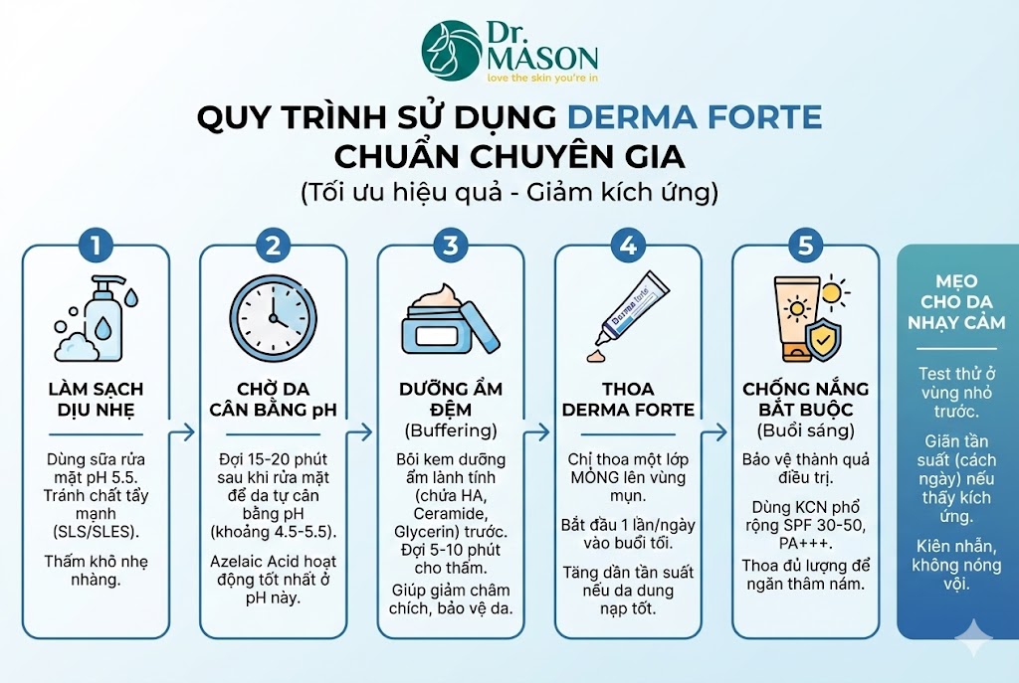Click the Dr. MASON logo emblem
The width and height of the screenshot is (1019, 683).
coord(451,51)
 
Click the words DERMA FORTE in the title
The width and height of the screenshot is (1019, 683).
coord(695,117)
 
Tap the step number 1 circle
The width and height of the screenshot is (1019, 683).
coord(96,244)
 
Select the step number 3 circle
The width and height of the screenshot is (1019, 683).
coord(450,244)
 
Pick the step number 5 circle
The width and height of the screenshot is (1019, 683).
coord(805,244)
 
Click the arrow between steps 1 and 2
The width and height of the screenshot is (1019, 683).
coord(184,432)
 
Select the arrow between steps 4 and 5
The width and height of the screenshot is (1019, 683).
coord(715,432)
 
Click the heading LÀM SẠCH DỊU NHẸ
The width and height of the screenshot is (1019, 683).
coord(96,399)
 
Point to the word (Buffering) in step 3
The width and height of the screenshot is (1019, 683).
coord(450,430)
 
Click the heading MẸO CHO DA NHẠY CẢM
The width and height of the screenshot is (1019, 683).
coord(956,301)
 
